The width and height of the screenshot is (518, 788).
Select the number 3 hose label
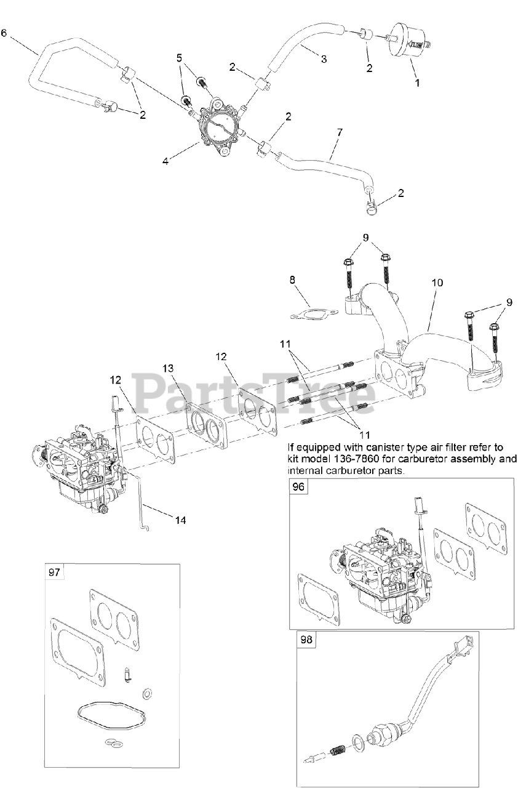coord(324,59)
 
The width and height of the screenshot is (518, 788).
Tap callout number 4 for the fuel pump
coord(165,161)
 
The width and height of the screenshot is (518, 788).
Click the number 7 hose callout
coord(340,132)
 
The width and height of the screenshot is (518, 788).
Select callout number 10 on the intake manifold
coord(437,283)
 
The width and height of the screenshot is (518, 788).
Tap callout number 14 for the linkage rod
coord(180,520)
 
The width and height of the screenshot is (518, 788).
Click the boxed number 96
coord(298,486)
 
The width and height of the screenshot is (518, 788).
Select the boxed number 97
coord(54,572)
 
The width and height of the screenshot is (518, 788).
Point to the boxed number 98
coord(306,640)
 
